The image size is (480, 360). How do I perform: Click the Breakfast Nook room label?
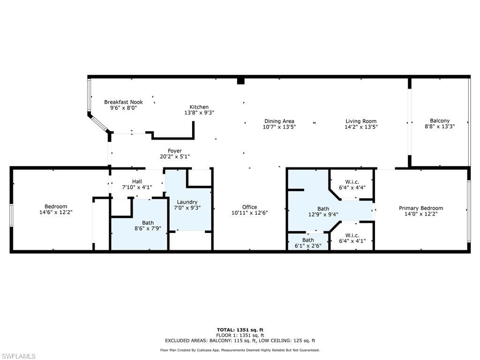pyautogui.click(x=123, y=102)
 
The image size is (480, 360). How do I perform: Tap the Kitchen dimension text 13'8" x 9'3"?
pyautogui.click(x=199, y=112)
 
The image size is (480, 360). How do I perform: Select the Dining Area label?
pyautogui.click(x=279, y=121)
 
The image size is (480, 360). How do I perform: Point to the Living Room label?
pyautogui.click(x=361, y=121)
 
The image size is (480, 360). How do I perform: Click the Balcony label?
pyautogui.click(x=440, y=121)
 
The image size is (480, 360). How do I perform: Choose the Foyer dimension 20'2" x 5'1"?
pyautogui.click(x=175, y=157)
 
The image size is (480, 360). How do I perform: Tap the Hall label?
pyautogui.click(x=137, y=181)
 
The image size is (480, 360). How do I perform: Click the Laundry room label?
pyautogui.click(x=187, y=202)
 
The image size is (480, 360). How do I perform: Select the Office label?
pyautogui.click(x=249, y=207)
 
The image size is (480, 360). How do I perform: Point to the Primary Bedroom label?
pyautogui.click(x=421, y=208)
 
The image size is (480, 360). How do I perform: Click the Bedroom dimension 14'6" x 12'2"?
pyautogui.click(x=56, y=212)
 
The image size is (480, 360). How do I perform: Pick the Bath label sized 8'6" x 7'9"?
pyautogui.click(x=148, y=223)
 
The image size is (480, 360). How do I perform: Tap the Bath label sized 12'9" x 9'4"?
pyautogui.click(x=323, y=209)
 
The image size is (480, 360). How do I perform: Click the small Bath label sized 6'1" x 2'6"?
pyautogui.click(x=308, y=240)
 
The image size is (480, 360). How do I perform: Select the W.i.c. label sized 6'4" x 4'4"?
pyautogui.click(x=352, y=182)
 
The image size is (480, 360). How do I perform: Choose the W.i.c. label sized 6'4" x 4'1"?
pyautogui.click(x=352, y=235)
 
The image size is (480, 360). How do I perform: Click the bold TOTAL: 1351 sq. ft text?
pyautogui.click(x=240, y=330)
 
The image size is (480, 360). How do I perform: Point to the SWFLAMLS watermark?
pyautogui.click(x=18, y=356)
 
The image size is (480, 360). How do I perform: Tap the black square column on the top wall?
pyautogui.click(x=240, y=81)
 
